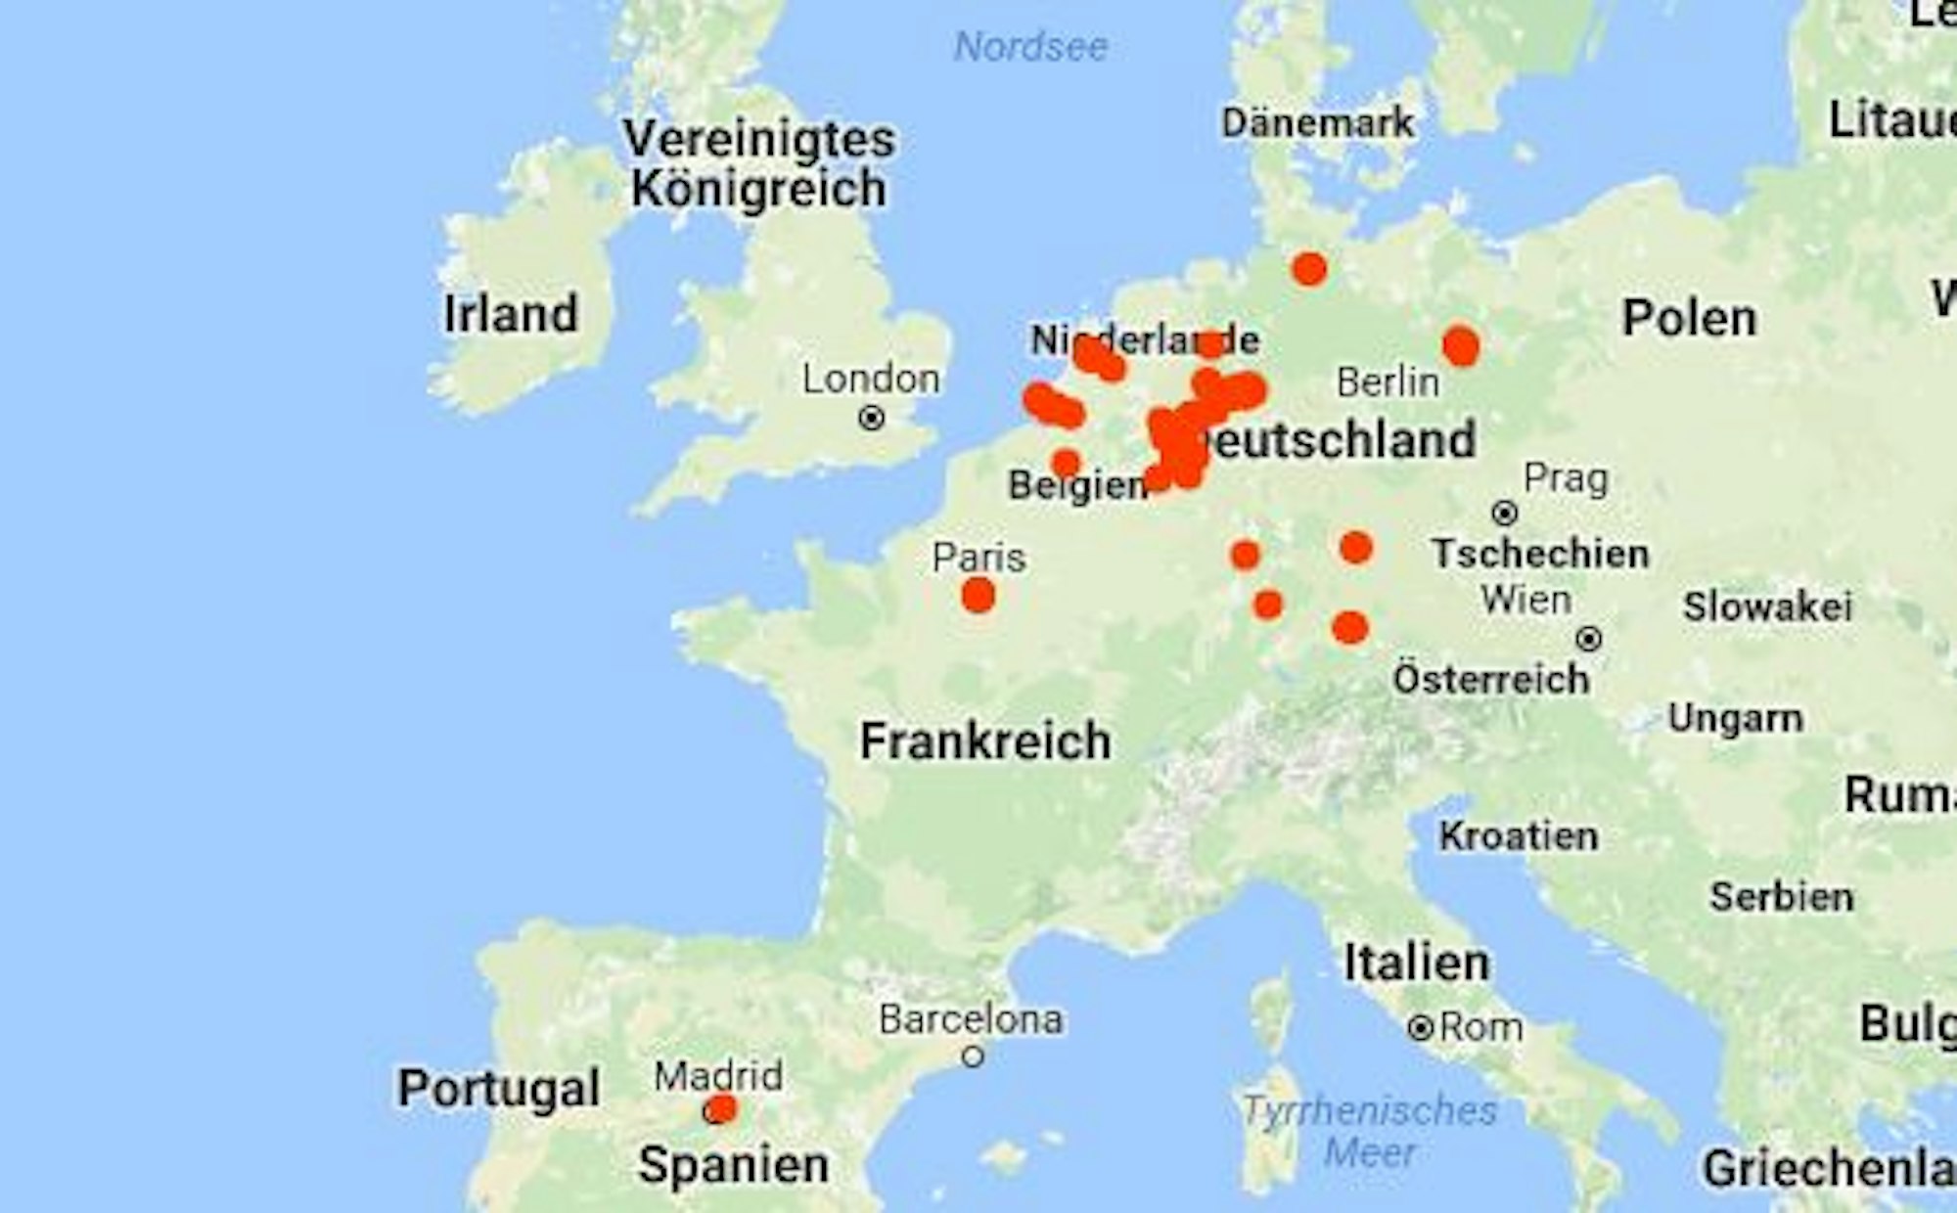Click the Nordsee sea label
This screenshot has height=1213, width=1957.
pos(1030,46)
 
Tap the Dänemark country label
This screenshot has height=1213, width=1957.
pos(1317,123)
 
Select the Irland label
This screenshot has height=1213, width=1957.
pos(511,314)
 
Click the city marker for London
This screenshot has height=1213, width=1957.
pos(872,419)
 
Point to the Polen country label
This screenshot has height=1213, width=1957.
pos(1689,318)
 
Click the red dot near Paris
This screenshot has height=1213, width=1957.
pos(978,595)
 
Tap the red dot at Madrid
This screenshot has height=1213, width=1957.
pos(722,1109)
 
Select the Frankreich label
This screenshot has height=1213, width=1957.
pos(985,741)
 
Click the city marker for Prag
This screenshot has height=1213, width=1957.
pos(1505,513)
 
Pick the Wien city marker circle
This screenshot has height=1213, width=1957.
pos(1589,640)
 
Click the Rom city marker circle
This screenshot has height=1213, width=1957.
pos(1421,1028)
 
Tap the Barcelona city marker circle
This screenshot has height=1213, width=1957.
pos(973,1056)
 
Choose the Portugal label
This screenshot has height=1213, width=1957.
pos(499,1088)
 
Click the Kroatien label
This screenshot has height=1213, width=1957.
pos(1519,836)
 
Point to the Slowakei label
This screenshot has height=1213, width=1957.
pos(1767,606)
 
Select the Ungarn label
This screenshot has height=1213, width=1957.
pos(1735,718)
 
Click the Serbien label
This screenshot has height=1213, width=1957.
pos(1781,897)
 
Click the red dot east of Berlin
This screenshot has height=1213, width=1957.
pos(1461,346)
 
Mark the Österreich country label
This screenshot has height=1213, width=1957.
pos(1491,679)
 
